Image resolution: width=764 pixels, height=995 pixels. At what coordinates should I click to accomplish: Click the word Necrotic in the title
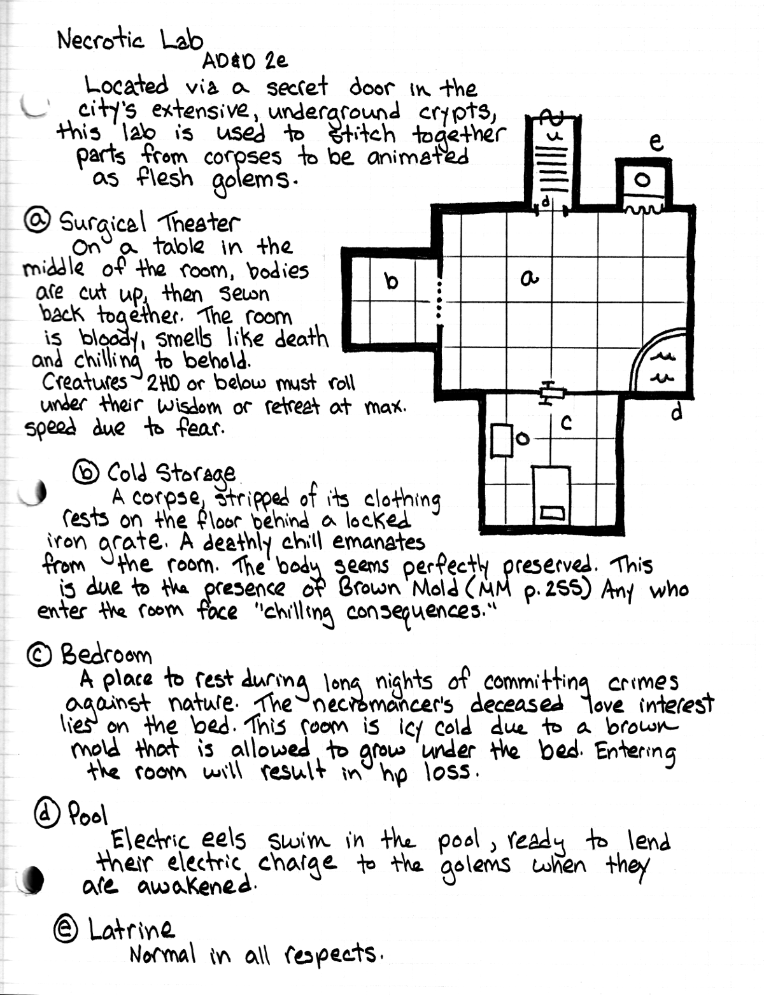click(x=101, y=40)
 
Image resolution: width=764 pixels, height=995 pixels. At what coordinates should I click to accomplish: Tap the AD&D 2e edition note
click(x=245, y=61)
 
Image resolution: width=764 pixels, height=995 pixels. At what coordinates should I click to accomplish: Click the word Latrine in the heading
click(x=131, y=930)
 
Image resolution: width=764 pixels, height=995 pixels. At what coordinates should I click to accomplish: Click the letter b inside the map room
click(x=391, y=281)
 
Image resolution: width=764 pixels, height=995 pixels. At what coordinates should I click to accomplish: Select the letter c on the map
click(x=566, y=422)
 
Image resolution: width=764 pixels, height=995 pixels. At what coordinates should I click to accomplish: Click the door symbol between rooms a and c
click(x=551, y=392)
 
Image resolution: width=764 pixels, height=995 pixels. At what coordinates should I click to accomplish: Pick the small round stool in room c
click(x=523, y=439)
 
